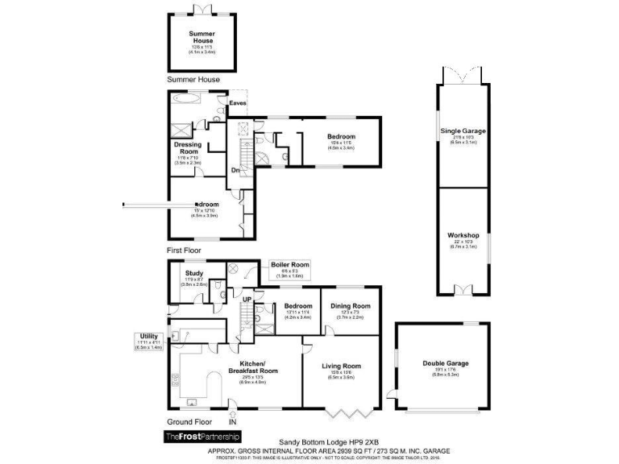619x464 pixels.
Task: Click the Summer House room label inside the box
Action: coord(201,37)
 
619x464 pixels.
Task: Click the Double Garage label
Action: coord(446,363)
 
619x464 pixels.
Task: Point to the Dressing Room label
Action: coord(187,148)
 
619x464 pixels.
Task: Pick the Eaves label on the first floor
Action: coord(238,103)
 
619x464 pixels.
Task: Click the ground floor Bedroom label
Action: coord(297,306)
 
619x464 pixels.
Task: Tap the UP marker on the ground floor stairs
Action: coord(247,300)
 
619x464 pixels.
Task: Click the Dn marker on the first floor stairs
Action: coord(236,170)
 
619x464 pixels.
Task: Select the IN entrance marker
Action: coord(233,421)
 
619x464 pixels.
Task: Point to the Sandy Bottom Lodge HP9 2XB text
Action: coord(328,442)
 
